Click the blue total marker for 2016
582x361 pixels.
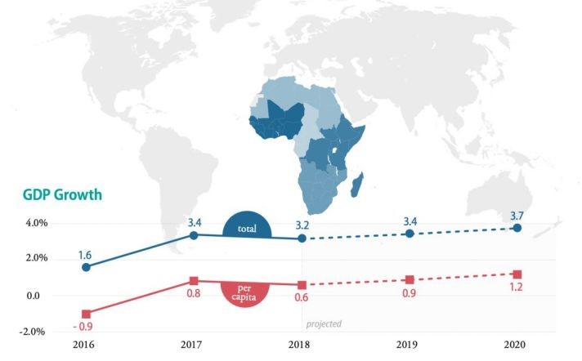(x=86, y=267)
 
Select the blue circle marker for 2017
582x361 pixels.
(x=194, y=235)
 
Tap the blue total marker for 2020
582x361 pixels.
(x=517, y=228)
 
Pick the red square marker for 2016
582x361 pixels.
(x=86, y=314)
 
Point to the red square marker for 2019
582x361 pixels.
(x=410, y=280)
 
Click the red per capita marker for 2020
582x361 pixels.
(x=517, y=274)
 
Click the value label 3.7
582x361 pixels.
(x=517, y=213)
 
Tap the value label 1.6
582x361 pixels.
(x=85, y=254)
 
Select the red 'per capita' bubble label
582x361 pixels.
(x=246, y=292)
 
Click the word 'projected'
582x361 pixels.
(x=324, y=324)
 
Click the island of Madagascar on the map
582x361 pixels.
(x=357, y=186)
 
